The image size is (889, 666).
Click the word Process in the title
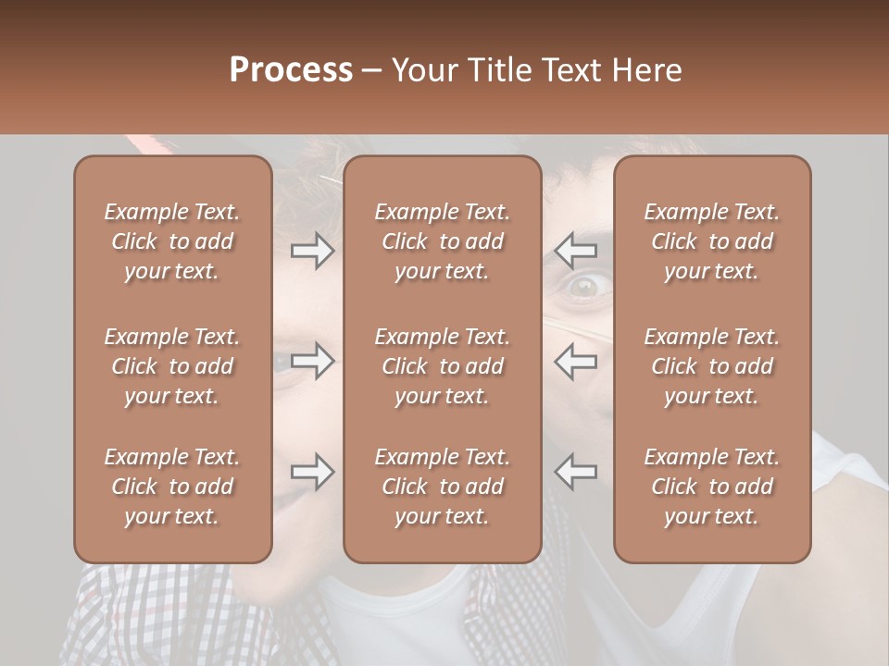pyautogui.click(x=291, y=70)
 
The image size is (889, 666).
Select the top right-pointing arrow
pyautogui.click(x=312, y=250)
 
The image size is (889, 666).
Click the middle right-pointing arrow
pyautogui.click(x=312, y=361)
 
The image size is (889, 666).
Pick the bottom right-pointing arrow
pyautogui.click(x=312, y=472)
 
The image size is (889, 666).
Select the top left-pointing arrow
pyautogui.click(x=576, y=250)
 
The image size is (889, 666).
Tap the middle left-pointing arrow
pyautogui.click(x=576, y=361)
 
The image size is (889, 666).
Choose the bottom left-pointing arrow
pyautogui.click(x=576, y=472)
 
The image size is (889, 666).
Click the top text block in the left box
pyautogui.click(x=172, y=241)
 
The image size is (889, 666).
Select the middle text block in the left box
pyautogui.click(x=172, y=366)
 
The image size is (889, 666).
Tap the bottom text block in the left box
pyautogui.click(x=172, y=487)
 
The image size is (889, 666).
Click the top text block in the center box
pyautogui.click(x=442, y=241)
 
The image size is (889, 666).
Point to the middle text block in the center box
pyautogui.click(x=442, y=366)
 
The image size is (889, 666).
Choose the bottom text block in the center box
pyautogui.click(x=442, y=487)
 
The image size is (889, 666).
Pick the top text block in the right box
pyautogui.click(x=712, y=241)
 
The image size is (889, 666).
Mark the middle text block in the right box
pyautogui.click(x=712, y=366)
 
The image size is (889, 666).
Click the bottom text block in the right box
pyautogui.click(x=712, y=487)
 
